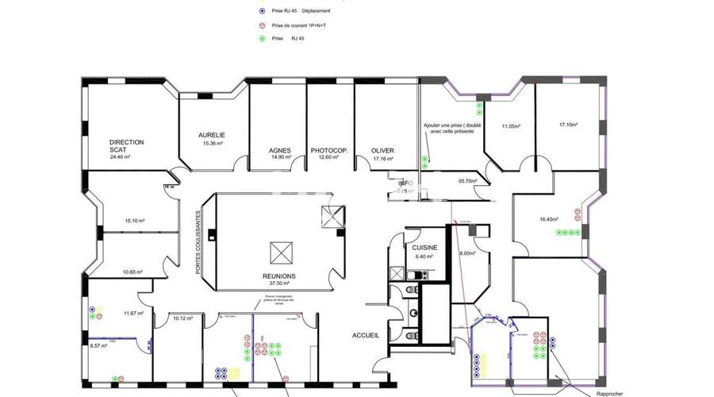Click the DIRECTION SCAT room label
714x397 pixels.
coord(127,146)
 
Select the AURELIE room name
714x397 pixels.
coord(212,135)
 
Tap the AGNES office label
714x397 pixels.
coord(279,150)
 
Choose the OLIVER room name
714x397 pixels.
coord(382,150)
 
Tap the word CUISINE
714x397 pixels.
coord(424,248)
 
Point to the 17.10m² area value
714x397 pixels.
coord(568,125)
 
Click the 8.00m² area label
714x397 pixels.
coord(467,253)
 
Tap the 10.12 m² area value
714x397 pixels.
coord(184,318)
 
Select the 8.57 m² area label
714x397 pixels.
coord(98,345)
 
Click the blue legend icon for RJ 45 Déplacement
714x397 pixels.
coord(263,11)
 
